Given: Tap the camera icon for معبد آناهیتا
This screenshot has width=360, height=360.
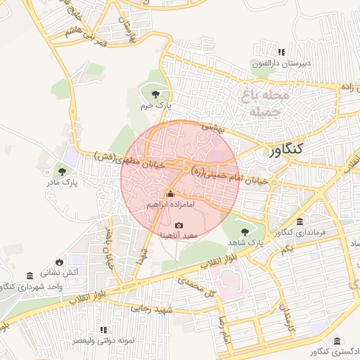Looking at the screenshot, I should (179, 225).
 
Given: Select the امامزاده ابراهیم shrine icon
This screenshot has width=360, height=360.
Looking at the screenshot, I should (169, 194).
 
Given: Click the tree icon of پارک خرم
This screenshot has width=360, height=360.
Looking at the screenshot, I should (155, 94).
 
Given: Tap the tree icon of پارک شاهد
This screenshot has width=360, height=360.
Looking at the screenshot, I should (245, 231).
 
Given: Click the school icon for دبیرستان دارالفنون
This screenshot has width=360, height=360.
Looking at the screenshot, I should (282, 52).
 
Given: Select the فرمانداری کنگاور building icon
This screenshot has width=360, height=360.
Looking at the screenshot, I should (300, 222).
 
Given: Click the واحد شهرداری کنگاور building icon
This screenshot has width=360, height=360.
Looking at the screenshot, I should (29, 275).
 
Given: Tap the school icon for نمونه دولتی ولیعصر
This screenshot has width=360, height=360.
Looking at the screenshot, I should (103, 329).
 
